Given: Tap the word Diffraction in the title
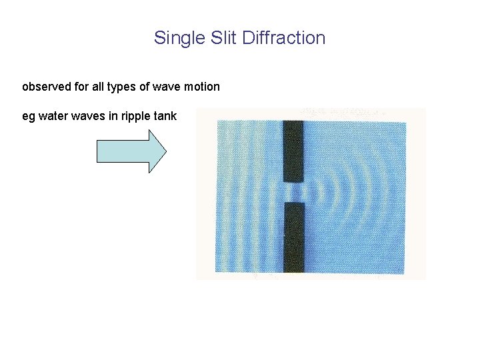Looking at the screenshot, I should point(284,38).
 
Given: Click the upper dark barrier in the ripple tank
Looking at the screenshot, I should point(293,151).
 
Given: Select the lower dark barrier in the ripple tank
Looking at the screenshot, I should point(293,237).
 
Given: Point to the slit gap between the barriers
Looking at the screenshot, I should point(293,193).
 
